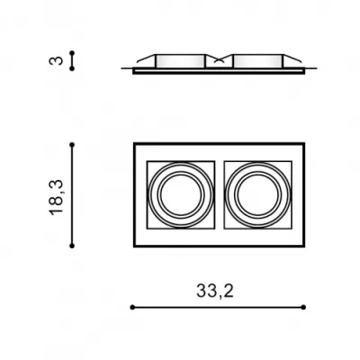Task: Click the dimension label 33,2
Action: [215, 291]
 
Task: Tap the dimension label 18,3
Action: [57, 197]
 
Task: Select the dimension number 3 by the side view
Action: [56, 60]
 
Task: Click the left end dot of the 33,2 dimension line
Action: [132, 307]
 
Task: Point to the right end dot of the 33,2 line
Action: [303, 307]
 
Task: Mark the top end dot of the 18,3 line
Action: [72, 145]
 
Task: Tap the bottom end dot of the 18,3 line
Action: [72, 246]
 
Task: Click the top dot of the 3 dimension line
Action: [72, 53]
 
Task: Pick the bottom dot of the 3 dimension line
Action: [72, 68]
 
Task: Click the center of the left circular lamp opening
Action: [181, 195]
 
